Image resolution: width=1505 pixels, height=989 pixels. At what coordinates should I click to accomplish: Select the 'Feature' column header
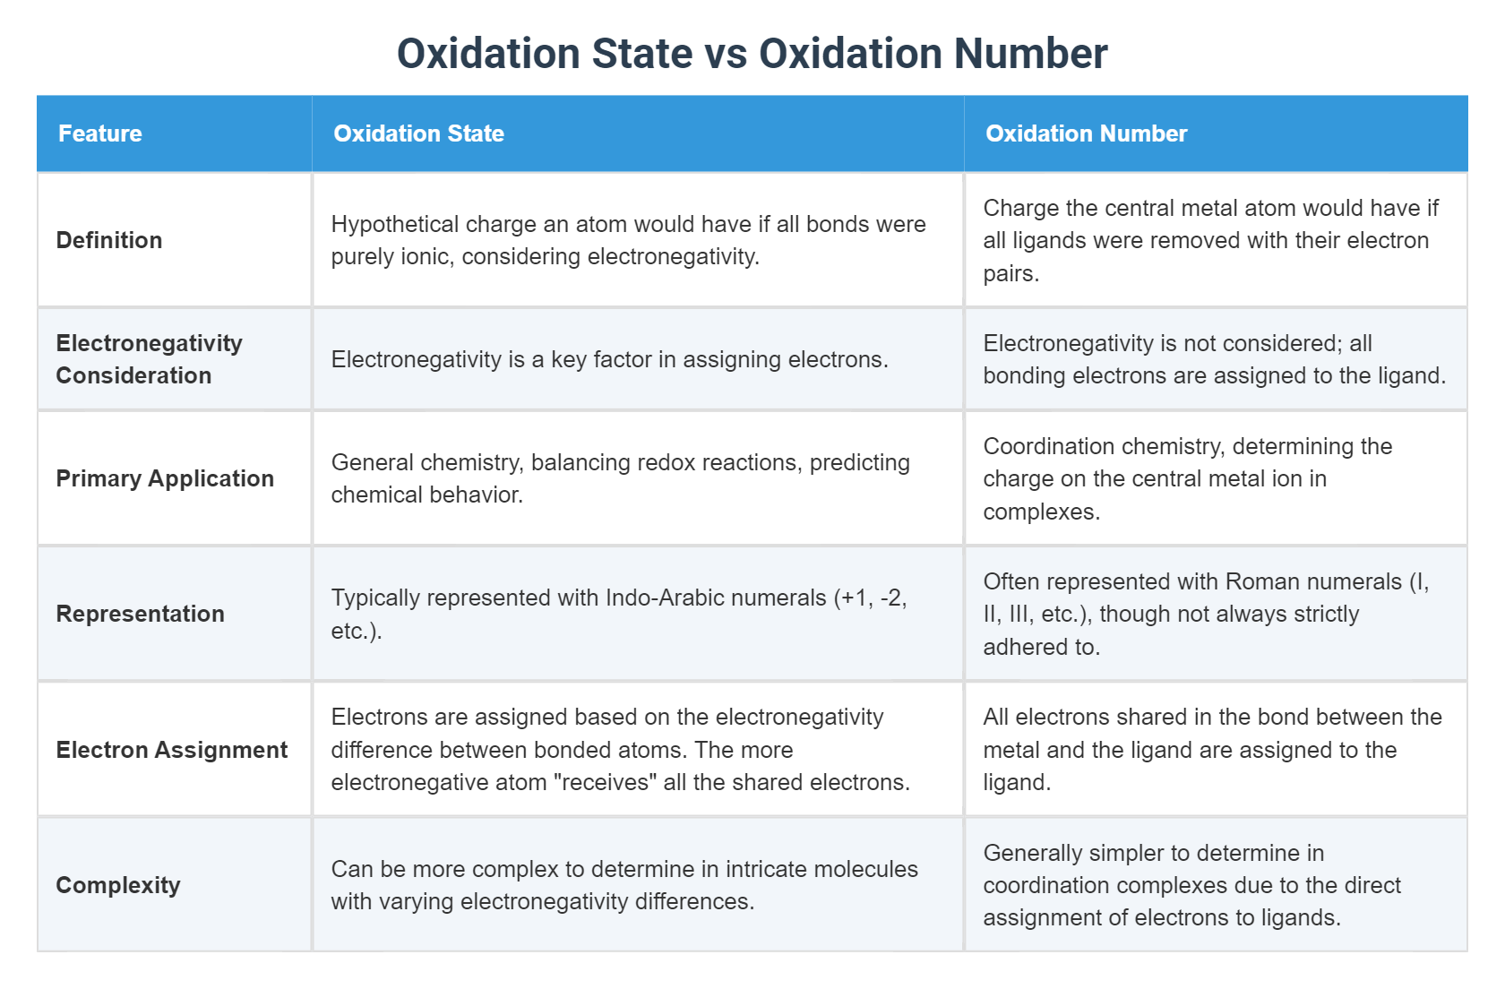point(100,133)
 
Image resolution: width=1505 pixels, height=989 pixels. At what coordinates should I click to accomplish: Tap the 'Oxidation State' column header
point(418,133)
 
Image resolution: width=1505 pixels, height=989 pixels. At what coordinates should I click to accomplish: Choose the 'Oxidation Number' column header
point(1086,133)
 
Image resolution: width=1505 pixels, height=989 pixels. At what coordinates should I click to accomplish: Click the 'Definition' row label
point(109,240)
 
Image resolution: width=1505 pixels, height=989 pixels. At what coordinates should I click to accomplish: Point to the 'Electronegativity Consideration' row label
point(149,359)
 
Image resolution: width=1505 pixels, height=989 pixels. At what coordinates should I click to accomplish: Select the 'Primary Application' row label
point(165,478)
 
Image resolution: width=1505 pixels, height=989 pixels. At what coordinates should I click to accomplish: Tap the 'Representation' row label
point(140,614)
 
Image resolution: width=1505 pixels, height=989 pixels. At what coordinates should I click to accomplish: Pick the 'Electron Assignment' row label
point(172,750)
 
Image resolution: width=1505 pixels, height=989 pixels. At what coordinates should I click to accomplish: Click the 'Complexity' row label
point(118,885)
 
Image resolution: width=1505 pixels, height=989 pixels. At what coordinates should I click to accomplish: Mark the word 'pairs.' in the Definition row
point(1011,273)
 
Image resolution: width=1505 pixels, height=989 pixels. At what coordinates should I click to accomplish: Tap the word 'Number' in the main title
point(1030,54)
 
